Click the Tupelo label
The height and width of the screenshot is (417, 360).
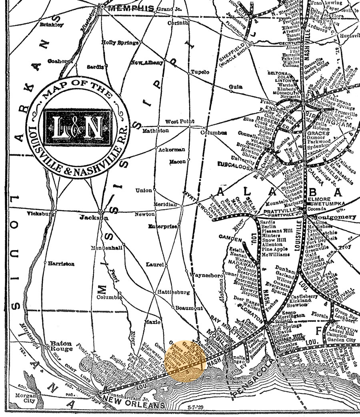click(x=200, y=72)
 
